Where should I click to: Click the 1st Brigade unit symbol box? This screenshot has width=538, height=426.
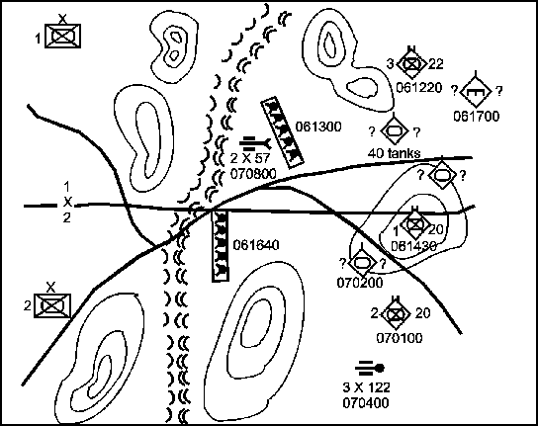pos(62,36)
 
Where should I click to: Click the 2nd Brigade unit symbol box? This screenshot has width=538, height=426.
pos(52,305)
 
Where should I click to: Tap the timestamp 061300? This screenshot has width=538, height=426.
pos(318,127)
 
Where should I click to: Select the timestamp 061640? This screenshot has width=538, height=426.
pos(256,245)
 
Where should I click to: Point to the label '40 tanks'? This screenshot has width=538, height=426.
pos(394,153)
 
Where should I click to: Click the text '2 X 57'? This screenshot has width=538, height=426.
pos(250,158)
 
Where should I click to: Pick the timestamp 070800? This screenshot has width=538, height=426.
pos(253,174)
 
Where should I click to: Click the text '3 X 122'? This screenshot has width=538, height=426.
pos(367,387)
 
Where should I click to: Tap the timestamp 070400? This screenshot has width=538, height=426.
pos(366,402)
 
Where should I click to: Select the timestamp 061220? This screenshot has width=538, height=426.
pos(419,87)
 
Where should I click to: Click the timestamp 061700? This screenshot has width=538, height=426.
pos(477,117)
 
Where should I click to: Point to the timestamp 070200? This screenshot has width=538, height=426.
pos(360,283)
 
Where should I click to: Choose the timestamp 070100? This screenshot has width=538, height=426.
pos(400,338)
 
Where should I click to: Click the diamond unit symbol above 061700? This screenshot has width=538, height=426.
pos(476,91)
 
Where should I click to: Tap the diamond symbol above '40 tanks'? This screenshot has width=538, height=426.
pos(394,130)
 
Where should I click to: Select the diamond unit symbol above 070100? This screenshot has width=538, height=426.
pos(396,314)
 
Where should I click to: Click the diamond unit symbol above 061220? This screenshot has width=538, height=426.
pos(411,64)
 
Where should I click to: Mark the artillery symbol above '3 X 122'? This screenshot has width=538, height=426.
pos(370,369)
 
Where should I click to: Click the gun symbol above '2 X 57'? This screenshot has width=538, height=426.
pos(255,144)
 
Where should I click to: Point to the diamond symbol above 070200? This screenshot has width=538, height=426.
pos(362,263)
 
